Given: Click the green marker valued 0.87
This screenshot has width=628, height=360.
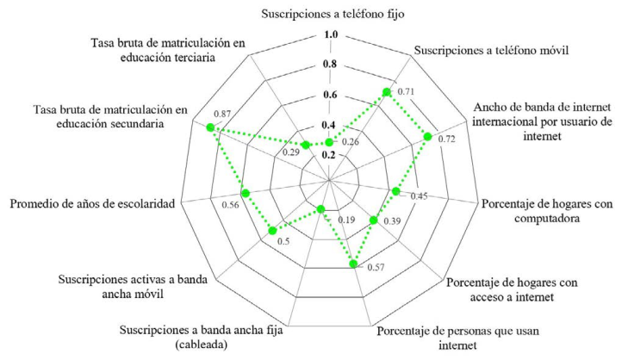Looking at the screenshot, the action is point(210,128).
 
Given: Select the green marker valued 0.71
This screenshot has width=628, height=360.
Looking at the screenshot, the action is point(387,92).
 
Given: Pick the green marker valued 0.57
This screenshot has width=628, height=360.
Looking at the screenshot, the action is point(354,264).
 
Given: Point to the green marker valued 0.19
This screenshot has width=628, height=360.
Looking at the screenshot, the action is point(321,208).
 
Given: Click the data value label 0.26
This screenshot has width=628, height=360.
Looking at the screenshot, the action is point(351,141).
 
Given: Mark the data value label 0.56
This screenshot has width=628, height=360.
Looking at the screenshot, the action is point(230,207).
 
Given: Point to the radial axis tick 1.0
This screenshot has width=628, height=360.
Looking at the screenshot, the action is point(330,34).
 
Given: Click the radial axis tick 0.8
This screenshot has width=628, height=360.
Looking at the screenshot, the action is point(330,65).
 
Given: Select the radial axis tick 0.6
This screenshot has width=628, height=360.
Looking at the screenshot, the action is point(330,95).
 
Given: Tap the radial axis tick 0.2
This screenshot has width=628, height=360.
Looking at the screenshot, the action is point(330,155).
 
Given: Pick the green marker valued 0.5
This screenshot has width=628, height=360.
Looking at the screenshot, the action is point(273,229).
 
